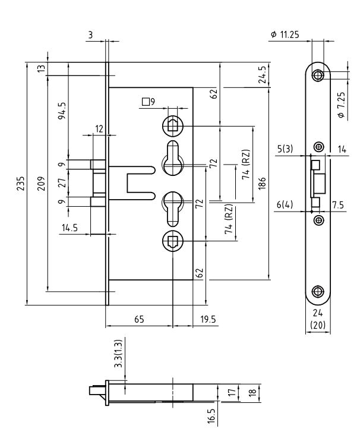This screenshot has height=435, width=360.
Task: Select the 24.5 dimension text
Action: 262,76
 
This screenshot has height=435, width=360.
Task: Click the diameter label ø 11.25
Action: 285,35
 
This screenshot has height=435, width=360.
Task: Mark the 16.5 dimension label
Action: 211,414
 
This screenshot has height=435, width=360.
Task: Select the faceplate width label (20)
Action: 318,326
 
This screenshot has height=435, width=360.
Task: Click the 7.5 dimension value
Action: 337,204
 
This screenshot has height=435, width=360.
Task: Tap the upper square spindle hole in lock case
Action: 172,125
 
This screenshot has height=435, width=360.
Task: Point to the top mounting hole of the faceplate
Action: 318,75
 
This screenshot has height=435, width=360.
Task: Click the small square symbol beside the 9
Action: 145,102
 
